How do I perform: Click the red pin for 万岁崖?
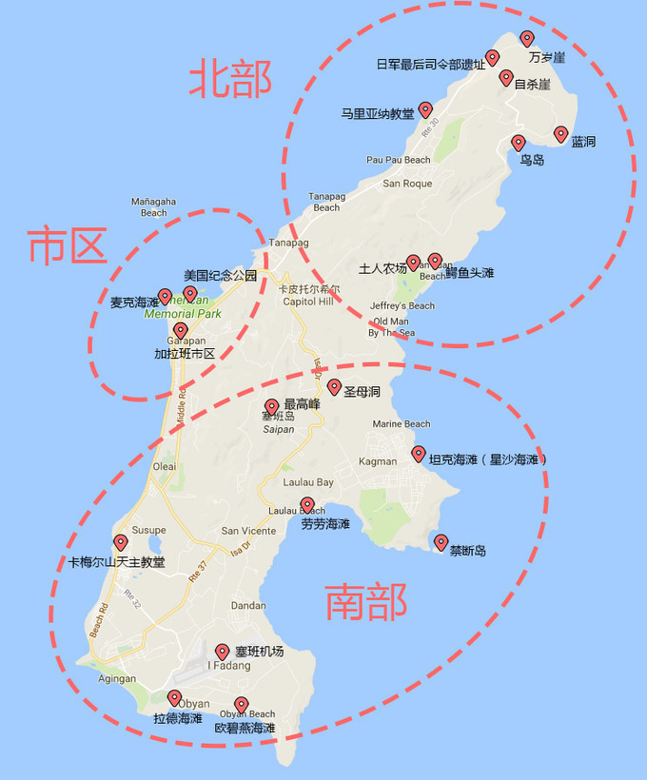pos(527,39)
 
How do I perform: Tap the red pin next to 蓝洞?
pos(560,134)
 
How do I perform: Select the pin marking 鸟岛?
pos(518,144)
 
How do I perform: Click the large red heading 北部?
pos(229,78)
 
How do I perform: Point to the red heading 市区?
pos(66,246)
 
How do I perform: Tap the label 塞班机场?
pos(259,652)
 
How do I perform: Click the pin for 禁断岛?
pos(441,542)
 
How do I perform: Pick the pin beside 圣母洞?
pos(334,387)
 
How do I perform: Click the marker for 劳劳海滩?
pos(306,505)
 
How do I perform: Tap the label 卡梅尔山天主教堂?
pos(117,562)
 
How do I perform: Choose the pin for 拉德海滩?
pos(174,698)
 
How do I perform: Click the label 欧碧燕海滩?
pos(245,729)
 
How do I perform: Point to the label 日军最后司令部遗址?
pos(430,65)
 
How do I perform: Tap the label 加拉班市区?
pos(185,354)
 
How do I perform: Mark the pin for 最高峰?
pos(271,406)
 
